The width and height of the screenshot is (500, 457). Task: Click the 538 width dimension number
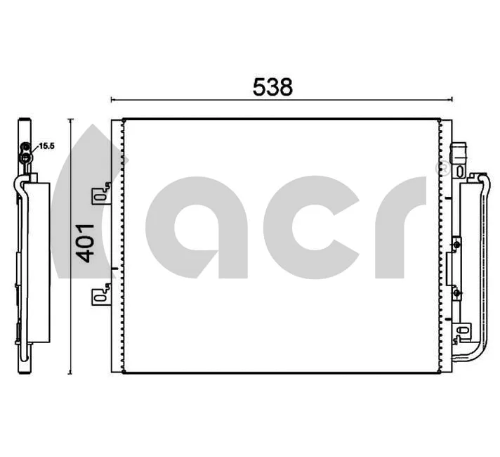pyautogui.click(x=272, y=86)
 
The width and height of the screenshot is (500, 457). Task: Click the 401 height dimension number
pyautogui.click(x=85, y=243)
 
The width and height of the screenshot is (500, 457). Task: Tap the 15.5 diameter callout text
pyautogui.click(x=46, y=146)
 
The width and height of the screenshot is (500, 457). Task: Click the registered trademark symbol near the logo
pyautogui.click(x=442, y=169)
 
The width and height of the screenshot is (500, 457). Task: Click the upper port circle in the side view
pyautogui.click(x=26, y=147)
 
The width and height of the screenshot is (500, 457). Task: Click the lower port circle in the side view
pyautogui.click(x=26, y=159)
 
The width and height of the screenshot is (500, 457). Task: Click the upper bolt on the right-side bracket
pyautogui.click(x=457, y=244)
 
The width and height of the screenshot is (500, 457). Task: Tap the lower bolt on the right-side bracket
pyautogui.click(x=457, y=290)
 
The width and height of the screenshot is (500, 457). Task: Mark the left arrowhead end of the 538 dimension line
pyautogui.click(x=112, y=99)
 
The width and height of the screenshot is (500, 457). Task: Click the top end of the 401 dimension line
pyautogui.click(x=71, y=120)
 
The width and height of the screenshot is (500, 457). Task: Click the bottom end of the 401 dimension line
pyautogui.click(x=71, y=373)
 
